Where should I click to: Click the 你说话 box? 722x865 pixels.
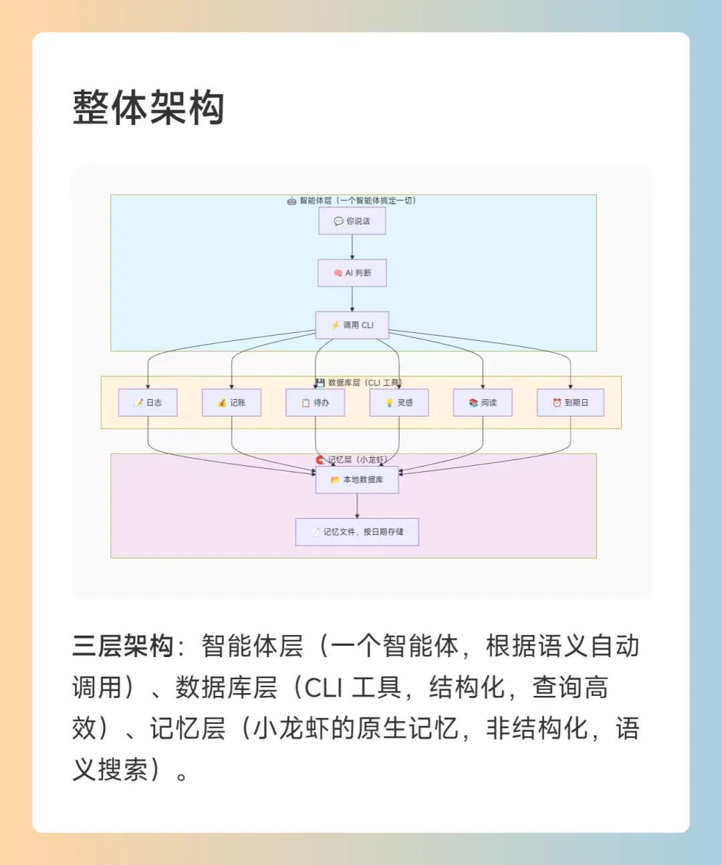352,221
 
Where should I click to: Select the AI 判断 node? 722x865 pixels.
352,273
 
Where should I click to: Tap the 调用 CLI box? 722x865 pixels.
352,325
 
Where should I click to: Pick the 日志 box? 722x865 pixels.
148,402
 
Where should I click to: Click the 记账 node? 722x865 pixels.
231,402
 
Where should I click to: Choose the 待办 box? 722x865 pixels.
316,402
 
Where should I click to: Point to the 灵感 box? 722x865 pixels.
399,402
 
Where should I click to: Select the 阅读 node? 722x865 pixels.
483,402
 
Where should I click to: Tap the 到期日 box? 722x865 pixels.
570,402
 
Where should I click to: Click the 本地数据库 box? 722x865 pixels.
357,480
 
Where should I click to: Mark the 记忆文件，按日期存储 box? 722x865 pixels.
357,532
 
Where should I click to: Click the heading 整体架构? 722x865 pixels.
148,108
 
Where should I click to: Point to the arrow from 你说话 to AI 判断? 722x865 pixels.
352,247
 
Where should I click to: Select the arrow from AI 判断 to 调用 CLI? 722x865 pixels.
352,299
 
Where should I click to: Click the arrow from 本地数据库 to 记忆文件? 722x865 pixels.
357,506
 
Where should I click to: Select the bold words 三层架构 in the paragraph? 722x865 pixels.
123,646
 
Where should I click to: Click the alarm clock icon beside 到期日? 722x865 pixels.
557,402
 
